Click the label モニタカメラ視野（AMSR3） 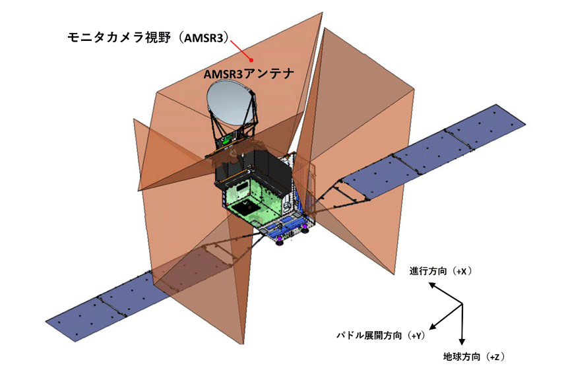pyautogui.click(x=148, y=37)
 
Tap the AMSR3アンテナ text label pyautogui.click(x=249, y=74)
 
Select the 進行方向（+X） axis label pyautogui.click(x=441, y=271)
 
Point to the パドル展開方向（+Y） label pyautogui.click(x=381, y=335)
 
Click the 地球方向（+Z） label pyautogui.click(x=474, y=357)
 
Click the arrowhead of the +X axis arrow pyautogui.click(x=431, y=285)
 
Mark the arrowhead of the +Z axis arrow pyautogui.click(x=462, y=342)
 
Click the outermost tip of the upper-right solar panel pyautogui.click(x=525, y=125)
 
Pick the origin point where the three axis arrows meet pyautogui.click(x=462, y=304)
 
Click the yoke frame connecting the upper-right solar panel pyautogui.click(x=339, y=195)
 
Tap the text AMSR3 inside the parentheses pyautogui.click(x=204, y=38)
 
